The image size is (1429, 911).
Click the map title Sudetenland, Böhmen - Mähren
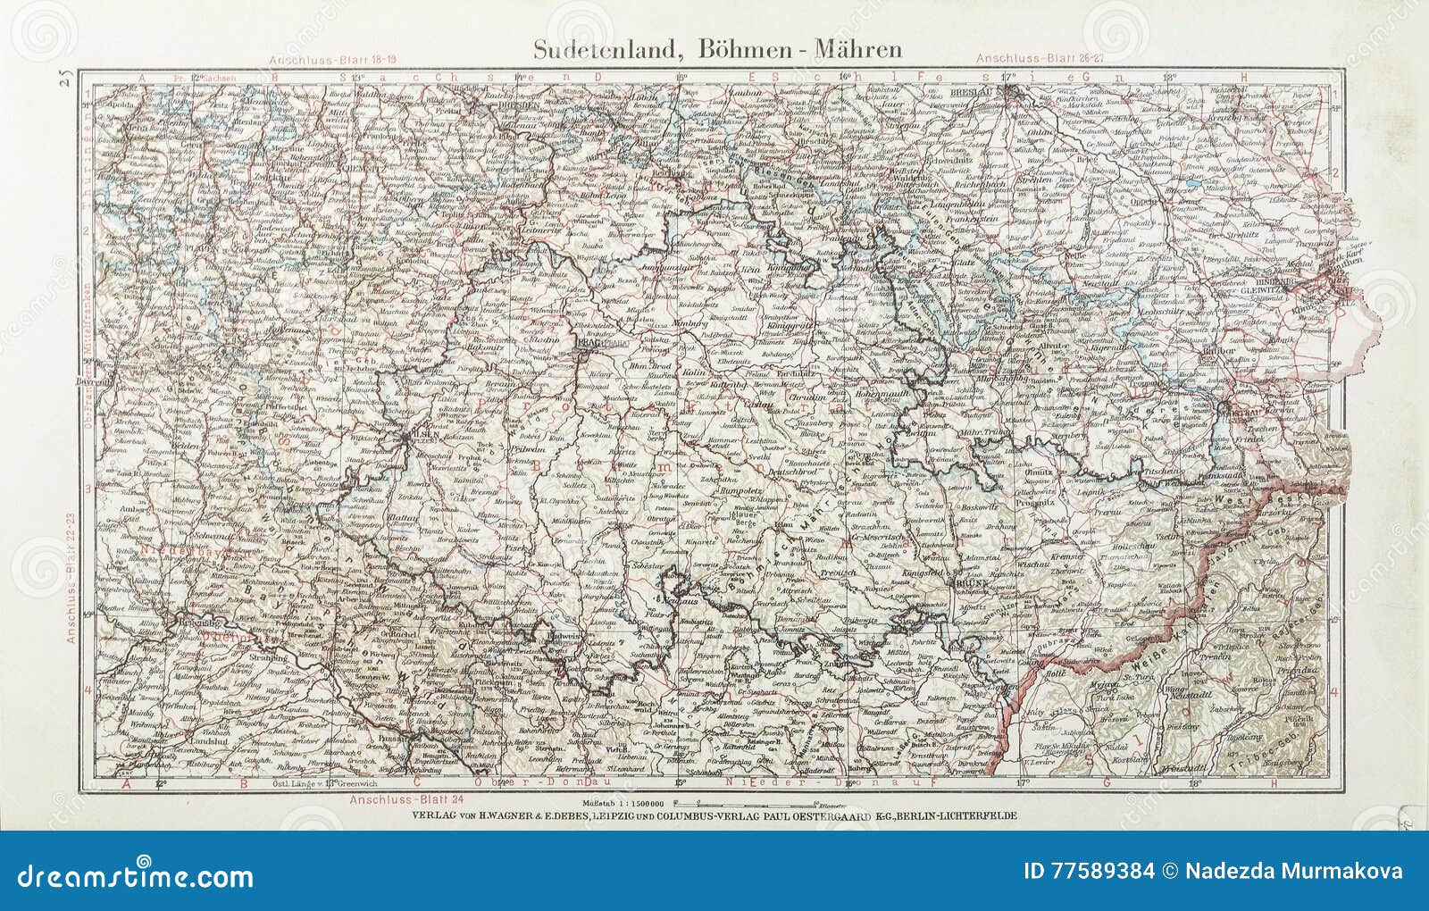[717, 49]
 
